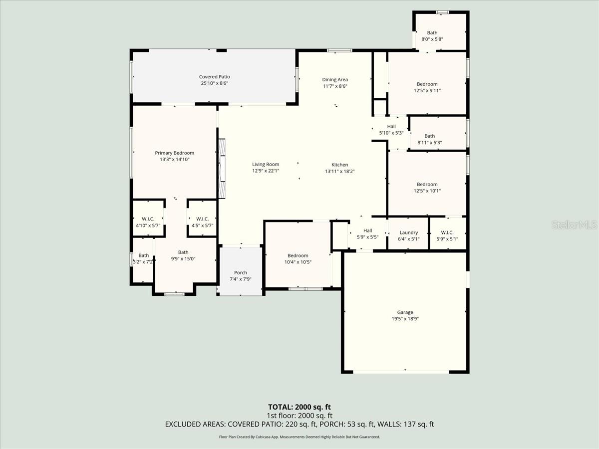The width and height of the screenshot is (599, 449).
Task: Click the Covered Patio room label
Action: [214, 77]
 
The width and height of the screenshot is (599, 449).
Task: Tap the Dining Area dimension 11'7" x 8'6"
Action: [335, 86]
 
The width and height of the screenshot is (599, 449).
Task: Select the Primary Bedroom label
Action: [174, 153]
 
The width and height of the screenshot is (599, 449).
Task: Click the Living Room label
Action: [266, 164]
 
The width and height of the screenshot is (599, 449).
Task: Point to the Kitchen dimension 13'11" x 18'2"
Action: [340, 171]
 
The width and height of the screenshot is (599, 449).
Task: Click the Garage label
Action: [405, 312]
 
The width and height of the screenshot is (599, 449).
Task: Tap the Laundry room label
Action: [409, 232]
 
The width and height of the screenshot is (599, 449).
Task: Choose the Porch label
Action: [241, 272]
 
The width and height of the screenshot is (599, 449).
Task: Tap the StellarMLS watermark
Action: [574, 224]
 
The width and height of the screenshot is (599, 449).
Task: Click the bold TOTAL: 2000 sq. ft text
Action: [299, 407]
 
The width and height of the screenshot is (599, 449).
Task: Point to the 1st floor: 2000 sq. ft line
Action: [299, 416]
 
